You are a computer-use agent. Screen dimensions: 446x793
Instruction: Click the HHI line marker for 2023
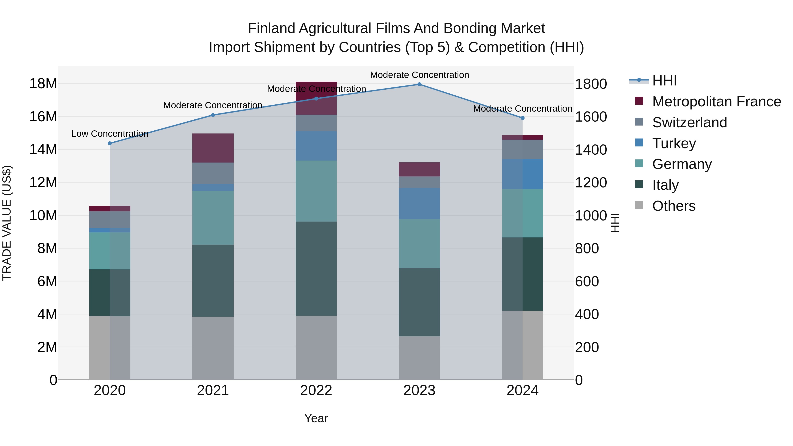click(x=419, y=84)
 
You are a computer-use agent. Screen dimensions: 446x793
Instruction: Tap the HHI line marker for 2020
click(x=110, y=143)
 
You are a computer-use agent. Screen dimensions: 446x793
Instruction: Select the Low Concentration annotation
click(x=110, y=134)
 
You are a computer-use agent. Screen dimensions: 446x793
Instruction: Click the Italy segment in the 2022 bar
click(x=316, y=268)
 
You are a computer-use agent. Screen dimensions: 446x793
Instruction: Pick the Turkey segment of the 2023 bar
click(x=419, y=204)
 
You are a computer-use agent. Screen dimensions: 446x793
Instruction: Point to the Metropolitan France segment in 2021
click(x=213, y=148)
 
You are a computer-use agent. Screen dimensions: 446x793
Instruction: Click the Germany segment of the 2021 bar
click(x=213, y=218)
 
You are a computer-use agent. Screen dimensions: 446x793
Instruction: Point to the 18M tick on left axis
click(x=43, y=83)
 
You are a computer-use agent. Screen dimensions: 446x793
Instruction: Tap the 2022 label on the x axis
click(x=316, y=390)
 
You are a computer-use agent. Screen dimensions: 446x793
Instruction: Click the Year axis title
click(x=316, y=418)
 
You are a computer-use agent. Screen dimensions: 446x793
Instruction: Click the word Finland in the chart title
click(x=271, y=28)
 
